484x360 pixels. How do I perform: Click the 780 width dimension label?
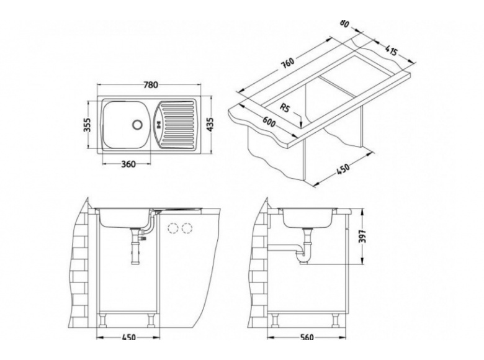pyautogui.click(x=151, y=85)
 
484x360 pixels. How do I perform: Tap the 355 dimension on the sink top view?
pyautogui.click(x=88, y=125)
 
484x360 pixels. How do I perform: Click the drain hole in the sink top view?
pyautogui.click(x=137, y=124)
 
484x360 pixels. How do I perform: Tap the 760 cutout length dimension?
pyautogui.click(x=288, y=63)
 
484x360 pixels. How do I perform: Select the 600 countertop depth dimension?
pyautogui.click(x=269, y=122)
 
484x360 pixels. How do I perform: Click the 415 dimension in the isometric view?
pyautogui.click(x=390, y=50)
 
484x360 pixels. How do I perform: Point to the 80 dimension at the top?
pyautogui.click(x=344, y=24)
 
